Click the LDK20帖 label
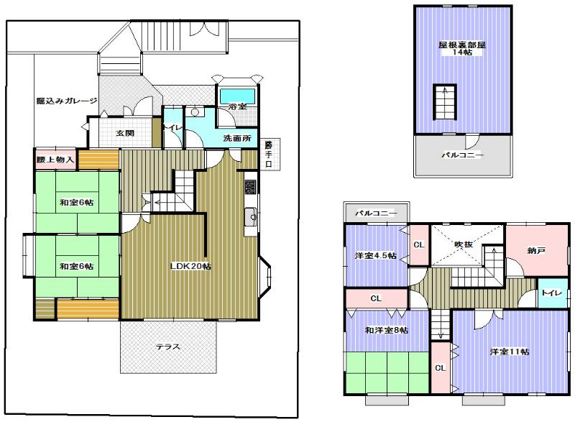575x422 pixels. click(x=190, y=267)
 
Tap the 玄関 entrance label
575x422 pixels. click(x=125, y=134)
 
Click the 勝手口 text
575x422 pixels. click(x=268, y=152)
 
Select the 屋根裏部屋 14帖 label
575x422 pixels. click(x=463, y=49)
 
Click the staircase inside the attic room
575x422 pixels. click(x=444, y=103)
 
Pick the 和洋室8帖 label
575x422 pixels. click(x=386, y=330)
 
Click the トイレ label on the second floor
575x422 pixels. click(x=551, y=293)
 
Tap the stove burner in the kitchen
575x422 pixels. click(x=250, y=187)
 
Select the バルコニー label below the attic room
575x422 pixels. click(x=462, y=155)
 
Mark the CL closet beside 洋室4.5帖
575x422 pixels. click(x=419, y=244)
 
